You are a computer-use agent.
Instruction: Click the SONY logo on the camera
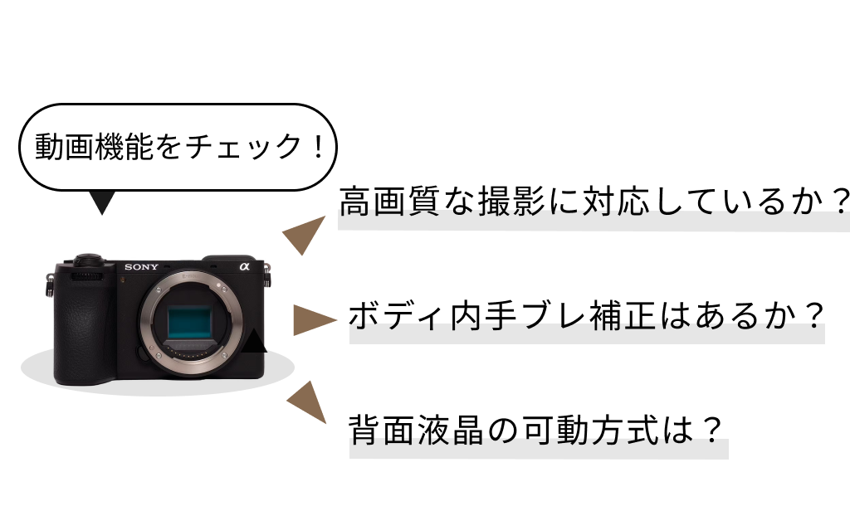click(x=141, y=266)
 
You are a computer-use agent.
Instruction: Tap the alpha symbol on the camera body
click(x=244, y=266)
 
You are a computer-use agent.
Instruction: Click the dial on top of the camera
click(x=89, y=259)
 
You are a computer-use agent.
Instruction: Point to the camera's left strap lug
click(x=49, y=284)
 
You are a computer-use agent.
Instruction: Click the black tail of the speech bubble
click(x=101, y=202)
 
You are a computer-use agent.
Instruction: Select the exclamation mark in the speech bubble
click(x=318, y=146)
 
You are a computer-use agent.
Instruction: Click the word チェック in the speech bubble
click(x=244, y=146)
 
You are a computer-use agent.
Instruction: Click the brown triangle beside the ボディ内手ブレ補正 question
click(x=313, y=319)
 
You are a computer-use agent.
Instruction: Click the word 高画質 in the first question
click(x=389, y=201)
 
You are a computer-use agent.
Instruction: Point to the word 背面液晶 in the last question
click(x=416, y=430)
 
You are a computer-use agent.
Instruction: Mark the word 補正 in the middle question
click(x=623, y=315)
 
